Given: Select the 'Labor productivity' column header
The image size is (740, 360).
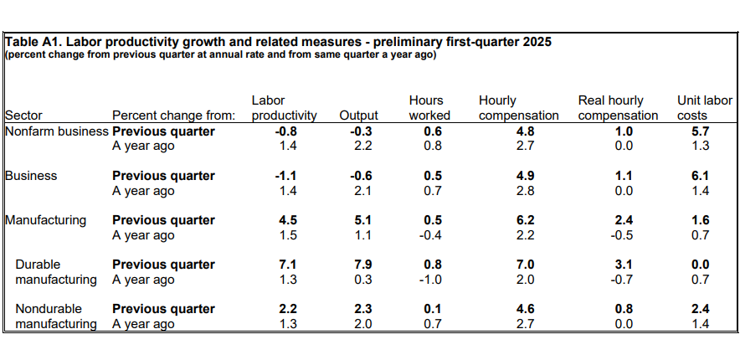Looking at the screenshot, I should tap(284, 108).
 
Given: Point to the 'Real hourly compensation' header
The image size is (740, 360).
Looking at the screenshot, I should tap(618, 108).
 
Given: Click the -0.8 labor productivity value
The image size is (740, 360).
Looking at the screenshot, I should tap(284, 131).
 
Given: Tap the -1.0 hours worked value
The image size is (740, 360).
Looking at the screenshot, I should tap(429, 280).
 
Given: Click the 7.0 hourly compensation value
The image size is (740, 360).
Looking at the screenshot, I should tap(518, 265).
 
